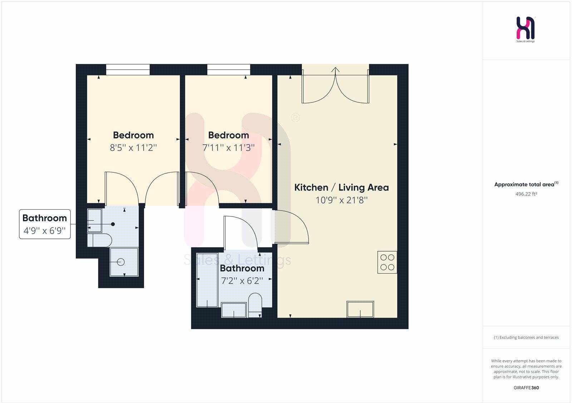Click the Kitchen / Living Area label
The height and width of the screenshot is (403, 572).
(341, 187)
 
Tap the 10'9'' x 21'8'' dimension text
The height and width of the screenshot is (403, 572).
(341, 200)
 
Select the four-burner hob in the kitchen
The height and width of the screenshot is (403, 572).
(387, 262)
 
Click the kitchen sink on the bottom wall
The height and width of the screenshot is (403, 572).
(360, 309)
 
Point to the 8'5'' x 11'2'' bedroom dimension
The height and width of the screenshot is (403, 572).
(133, 148)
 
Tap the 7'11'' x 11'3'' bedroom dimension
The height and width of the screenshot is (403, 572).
(228, 148)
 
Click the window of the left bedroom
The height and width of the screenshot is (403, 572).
(128, 70)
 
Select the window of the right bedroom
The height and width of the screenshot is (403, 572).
(229, 70)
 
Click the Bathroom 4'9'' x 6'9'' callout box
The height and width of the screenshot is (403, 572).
(45, 224)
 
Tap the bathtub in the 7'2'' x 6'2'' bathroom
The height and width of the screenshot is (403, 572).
(207, 285)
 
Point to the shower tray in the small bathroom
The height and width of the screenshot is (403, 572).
(124, 262)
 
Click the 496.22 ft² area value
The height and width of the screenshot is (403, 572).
(526, 194)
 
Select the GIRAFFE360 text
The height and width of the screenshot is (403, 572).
(526, 388)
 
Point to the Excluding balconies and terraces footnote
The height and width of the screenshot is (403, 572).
(526, 337)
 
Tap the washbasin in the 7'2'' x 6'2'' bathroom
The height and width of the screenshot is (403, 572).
(234, 310)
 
